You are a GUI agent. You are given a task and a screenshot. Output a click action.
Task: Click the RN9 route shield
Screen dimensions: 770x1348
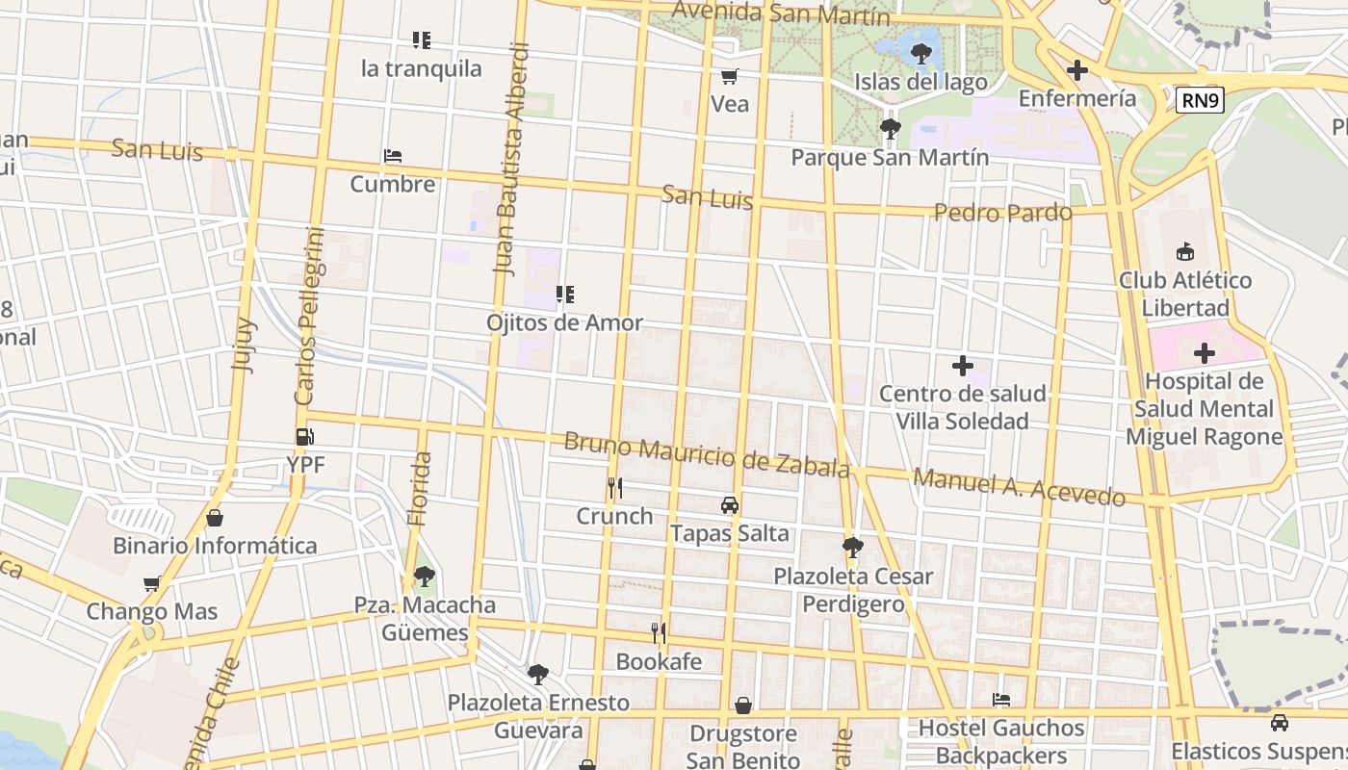[1200, 99]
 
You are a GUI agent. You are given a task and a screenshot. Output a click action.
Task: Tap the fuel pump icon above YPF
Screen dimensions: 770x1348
[305, 437]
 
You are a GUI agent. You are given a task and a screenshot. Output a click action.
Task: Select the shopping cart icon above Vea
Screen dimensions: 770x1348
[730, 76]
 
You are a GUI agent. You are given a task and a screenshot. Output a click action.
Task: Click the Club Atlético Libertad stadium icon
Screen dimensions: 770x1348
[1184, 252]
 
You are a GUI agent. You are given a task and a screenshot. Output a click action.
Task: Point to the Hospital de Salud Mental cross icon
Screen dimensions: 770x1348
[1204, 353]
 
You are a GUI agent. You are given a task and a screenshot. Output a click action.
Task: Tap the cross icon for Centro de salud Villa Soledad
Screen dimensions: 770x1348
[962, 366]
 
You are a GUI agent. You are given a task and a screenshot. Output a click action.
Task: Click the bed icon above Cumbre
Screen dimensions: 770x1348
[392, 156]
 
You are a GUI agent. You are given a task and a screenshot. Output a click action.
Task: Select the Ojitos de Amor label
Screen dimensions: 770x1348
[564, 322]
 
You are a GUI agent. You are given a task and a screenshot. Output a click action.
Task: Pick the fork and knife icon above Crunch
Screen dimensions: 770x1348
[614, 488]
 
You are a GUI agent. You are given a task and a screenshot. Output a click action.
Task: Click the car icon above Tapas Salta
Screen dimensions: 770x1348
[730, 505]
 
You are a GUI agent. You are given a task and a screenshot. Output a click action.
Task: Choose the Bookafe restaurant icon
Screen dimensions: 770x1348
[659, 632]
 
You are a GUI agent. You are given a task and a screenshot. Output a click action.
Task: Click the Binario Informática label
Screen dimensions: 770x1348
[215, 546]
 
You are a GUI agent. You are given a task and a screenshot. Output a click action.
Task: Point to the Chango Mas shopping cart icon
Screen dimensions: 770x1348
[151, 583]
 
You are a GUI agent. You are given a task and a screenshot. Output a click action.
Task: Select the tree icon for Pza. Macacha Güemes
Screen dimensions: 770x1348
[424, 577]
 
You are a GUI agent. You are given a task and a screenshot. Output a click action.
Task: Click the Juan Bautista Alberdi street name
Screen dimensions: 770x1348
[511, 159]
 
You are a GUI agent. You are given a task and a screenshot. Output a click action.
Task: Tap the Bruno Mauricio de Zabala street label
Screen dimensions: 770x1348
[706, 454]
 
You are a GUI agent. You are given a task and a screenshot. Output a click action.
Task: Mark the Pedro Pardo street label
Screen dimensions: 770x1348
[1002, 212]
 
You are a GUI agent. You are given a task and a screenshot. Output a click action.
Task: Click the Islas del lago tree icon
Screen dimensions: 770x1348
[921, 53]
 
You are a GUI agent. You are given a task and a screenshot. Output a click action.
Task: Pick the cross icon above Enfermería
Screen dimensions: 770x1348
[1076, 70]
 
